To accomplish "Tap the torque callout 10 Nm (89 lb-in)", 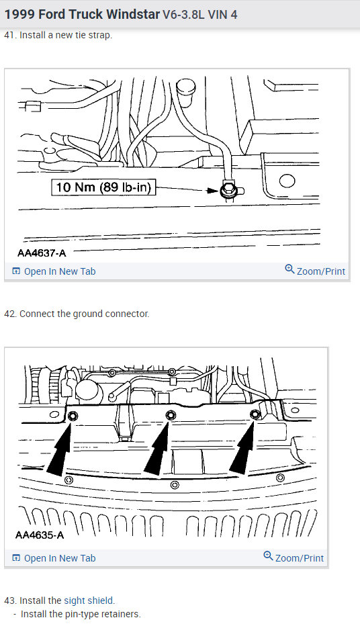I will [103, 188].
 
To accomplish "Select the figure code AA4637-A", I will [41, 253].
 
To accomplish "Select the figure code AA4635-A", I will [40, 535].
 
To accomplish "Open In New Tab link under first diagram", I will [54, 271].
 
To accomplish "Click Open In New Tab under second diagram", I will [54, 558].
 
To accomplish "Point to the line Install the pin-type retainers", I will [81, 614].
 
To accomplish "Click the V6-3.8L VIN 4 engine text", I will [199, 14].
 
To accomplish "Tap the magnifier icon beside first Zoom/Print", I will [289, 269].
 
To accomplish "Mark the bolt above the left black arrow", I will [73, 417].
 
